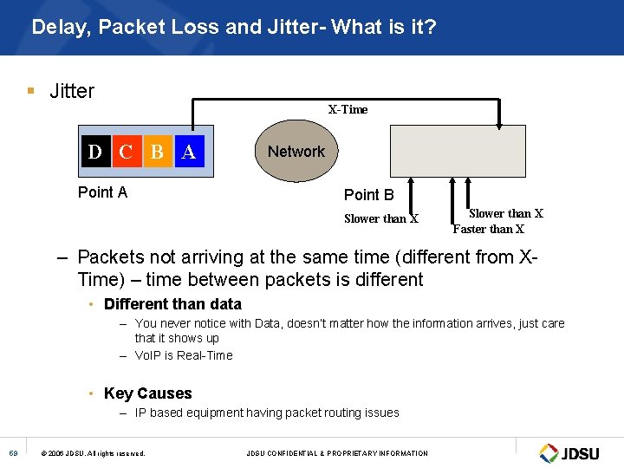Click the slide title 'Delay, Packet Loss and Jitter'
click(233, 28)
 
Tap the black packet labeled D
click(94, 153)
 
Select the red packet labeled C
click(125, 153)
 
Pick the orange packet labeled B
click(157, 153)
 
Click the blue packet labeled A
click(188, 153)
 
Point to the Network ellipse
click(296, 152)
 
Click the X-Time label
click(348, 110)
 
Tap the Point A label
click(102, 192)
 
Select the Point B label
click(368, 195)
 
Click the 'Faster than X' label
click(489, 230)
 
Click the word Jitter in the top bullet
click(72, 91)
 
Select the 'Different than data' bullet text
click(172, 304)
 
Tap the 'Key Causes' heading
click(147, 393)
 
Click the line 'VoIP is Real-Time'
click(184, 355)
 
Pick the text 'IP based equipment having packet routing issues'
click(267, 413)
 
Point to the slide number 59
click(14, 452)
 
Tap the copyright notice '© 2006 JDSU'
click(93, 453)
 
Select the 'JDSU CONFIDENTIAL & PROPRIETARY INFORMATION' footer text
click(337, 453)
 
